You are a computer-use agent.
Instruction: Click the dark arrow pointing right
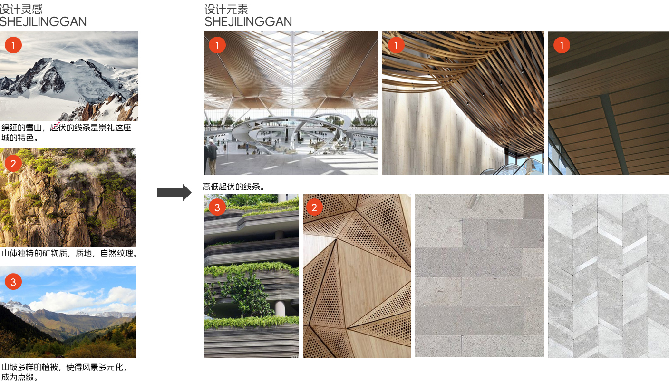point(174,192)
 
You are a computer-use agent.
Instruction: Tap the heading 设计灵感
point(21,9)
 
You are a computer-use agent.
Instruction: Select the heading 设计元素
point(226,9)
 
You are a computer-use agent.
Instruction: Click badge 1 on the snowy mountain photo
point(13,45)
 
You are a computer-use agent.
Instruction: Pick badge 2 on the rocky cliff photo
point(13,164)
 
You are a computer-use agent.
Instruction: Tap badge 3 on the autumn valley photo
point(13,282)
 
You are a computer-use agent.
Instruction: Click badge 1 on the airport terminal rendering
point(217,45)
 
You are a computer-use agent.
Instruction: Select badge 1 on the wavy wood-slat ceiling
point(396,45)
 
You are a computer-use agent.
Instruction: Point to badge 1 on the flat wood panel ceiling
point(562,45)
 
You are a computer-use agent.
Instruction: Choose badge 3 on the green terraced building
point(217,207)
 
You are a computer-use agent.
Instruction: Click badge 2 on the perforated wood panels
point(314,207)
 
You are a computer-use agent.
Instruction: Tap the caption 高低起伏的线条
point(233,187)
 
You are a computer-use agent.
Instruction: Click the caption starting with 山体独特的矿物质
point(70,254)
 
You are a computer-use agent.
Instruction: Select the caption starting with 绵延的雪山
point(66,132)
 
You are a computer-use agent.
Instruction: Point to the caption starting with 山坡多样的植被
point(64,372)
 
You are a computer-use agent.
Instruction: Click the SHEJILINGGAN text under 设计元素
point(248,22)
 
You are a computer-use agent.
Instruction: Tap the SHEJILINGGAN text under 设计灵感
point(43,22)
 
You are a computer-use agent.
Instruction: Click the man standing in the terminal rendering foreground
point(212,156)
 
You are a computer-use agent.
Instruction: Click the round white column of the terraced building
point(280,308)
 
